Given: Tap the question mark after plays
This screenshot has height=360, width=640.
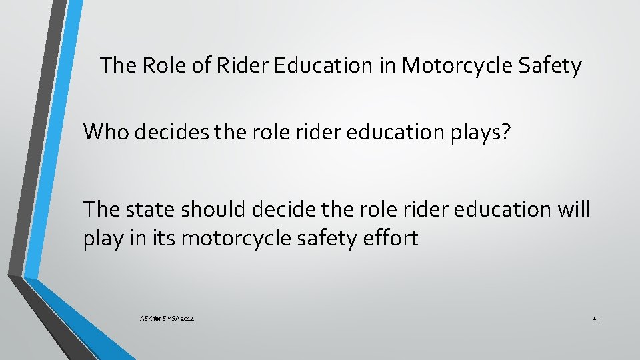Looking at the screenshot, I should [506, 131].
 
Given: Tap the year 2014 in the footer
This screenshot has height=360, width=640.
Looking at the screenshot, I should [187, 319].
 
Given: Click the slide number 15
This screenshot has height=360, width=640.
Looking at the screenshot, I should [595, 319].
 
